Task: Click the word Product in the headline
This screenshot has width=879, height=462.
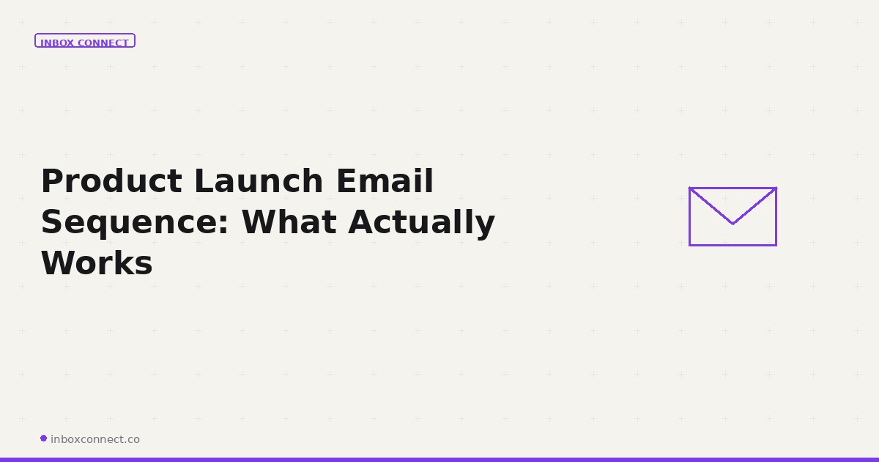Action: (110, 181)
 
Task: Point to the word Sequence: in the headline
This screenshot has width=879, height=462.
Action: (136, 223)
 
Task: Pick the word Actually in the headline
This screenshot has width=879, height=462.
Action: (421, 223)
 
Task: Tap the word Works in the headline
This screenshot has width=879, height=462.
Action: (97, 263)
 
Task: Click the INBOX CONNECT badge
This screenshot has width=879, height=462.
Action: (85, 41)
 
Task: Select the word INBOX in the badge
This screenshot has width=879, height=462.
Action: (57, 43)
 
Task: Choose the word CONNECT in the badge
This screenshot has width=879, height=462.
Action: (103, 43)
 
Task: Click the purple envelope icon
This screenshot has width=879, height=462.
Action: (732, 216)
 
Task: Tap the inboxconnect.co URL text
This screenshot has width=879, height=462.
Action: (95, 439)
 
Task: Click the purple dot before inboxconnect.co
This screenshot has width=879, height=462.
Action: (43, 439)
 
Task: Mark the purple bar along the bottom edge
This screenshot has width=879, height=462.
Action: (439, 459)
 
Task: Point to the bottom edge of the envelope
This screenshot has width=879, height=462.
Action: (732, 245)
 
